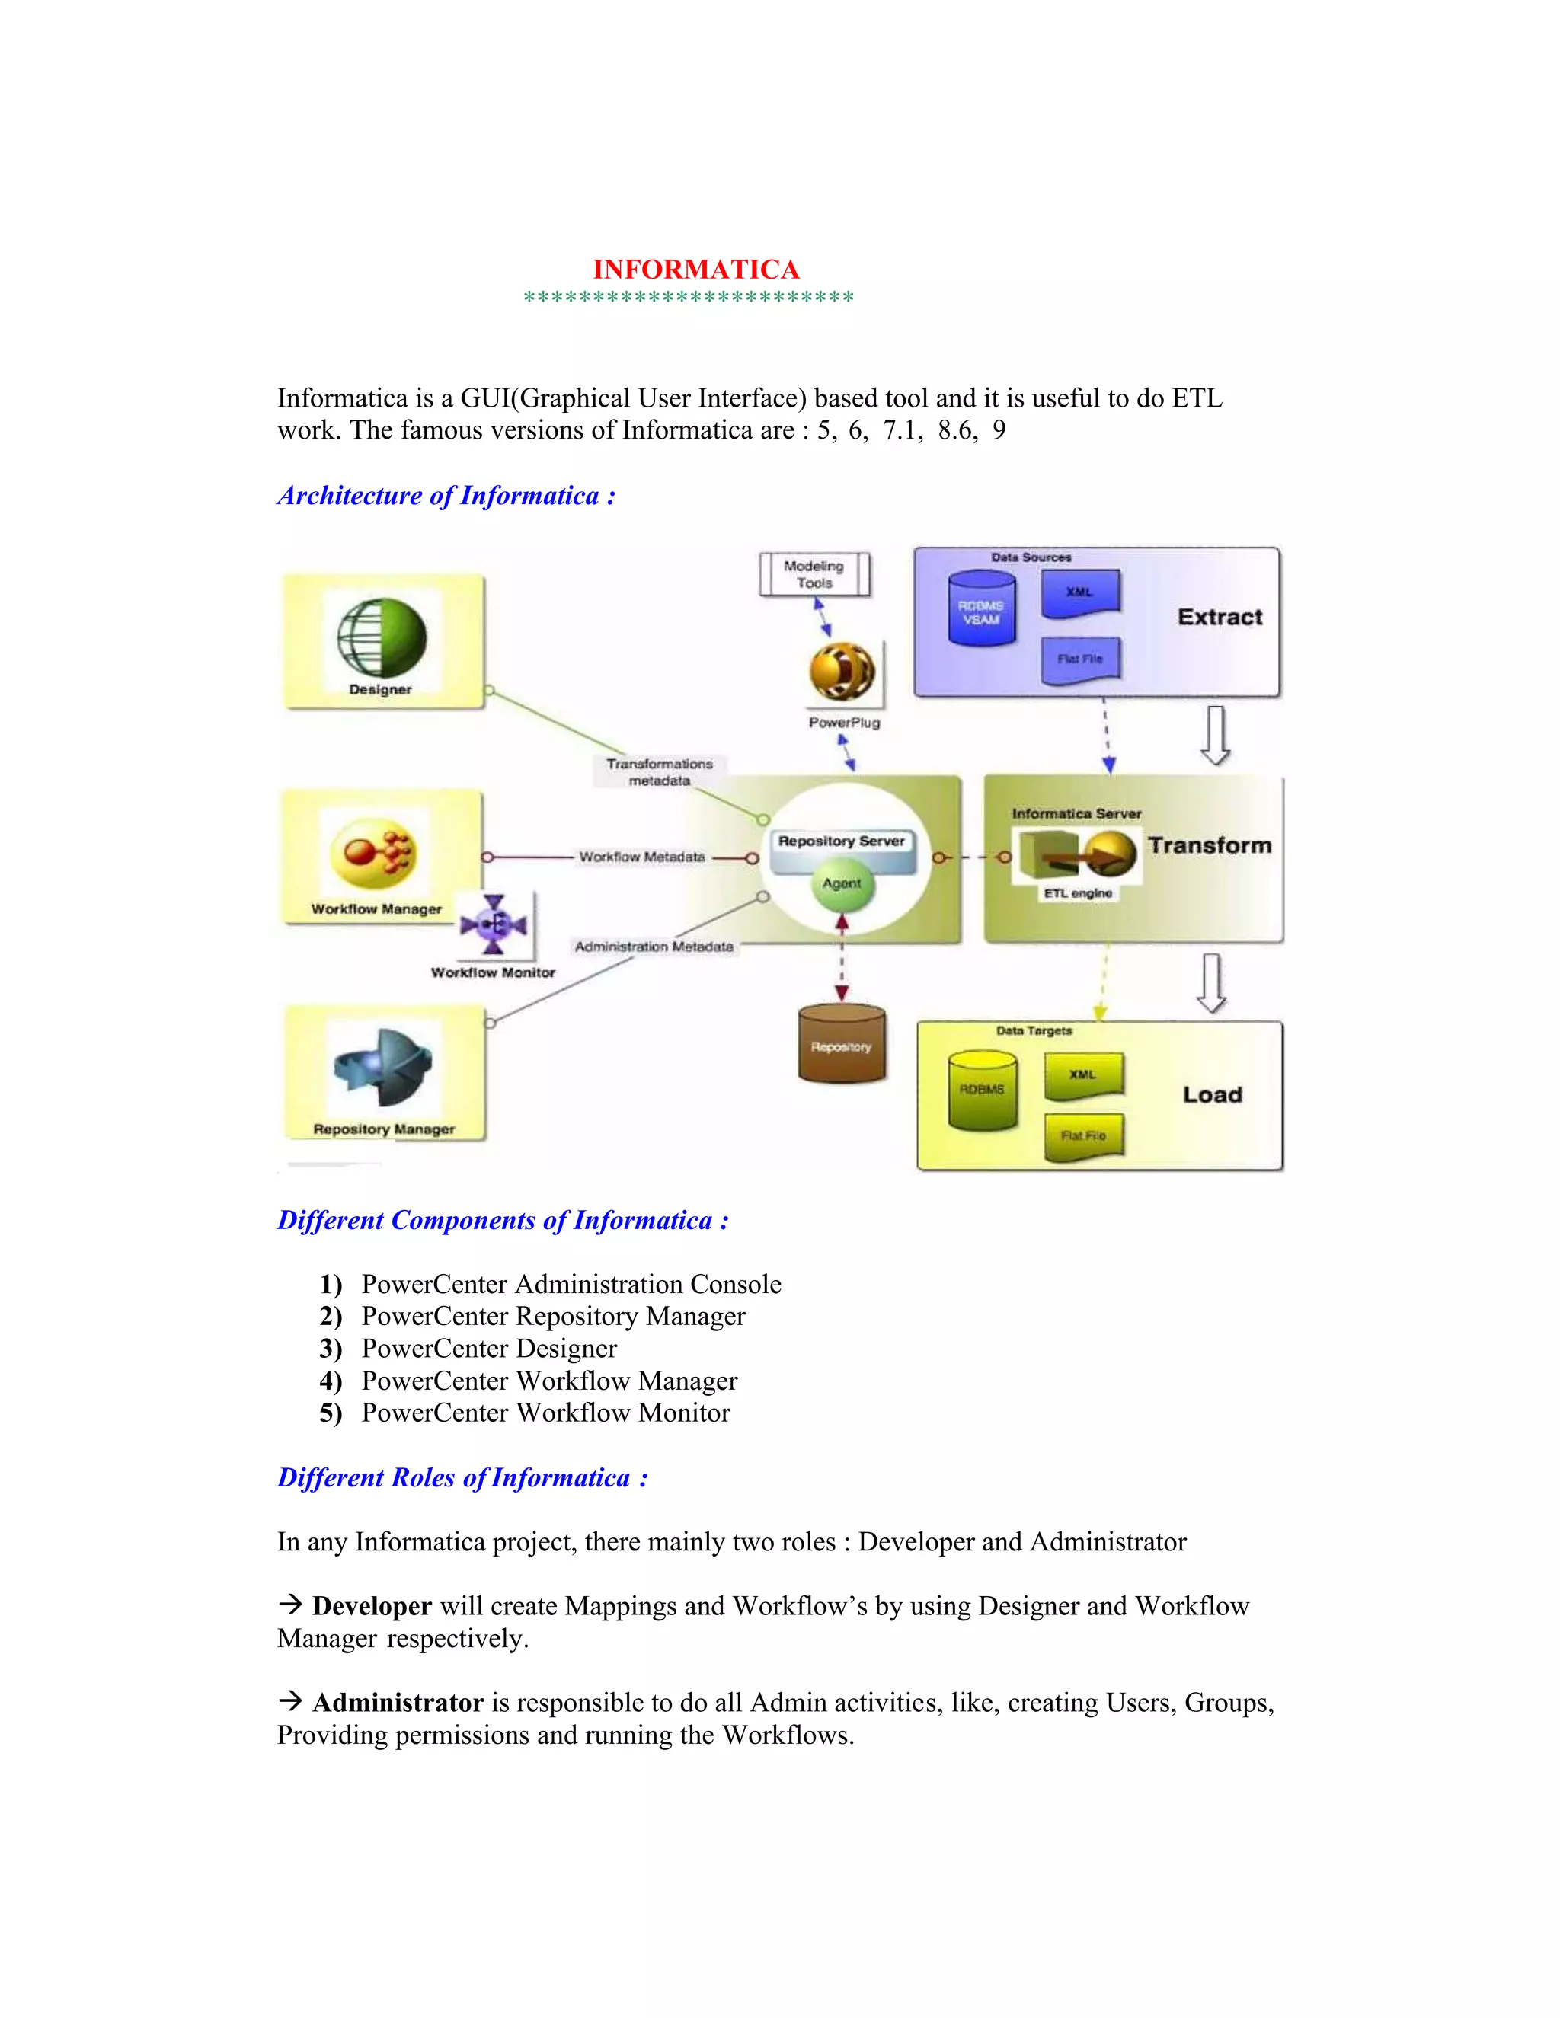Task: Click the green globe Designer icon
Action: (381, 637)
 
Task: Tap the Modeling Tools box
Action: (814, 575)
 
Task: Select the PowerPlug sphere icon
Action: (842, 672)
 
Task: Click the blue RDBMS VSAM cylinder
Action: (981, 610)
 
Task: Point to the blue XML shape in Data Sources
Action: (1080, 592)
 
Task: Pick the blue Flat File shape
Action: (1080, 659)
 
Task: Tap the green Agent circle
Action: (842, 884)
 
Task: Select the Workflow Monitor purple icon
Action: (494, 924)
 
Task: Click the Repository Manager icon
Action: (382, 1067)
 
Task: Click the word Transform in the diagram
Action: (1210, 845)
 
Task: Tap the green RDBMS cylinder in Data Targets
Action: (983, 1090)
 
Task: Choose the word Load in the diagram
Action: (1213, 1095)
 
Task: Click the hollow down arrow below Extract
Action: (1215, 736)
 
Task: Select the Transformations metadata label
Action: (660, 771)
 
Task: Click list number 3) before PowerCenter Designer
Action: (331, 1349)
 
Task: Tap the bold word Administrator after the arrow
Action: (398, 1703)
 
